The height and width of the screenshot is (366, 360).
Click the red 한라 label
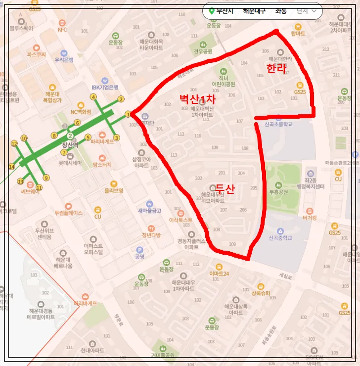(x=276, y=68)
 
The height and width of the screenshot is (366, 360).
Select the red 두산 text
(x=225, y=188)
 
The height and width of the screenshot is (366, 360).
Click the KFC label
(x=62, y=29)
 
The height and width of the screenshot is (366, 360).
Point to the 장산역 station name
(x=70, y=145)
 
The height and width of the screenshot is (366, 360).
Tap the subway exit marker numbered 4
(x=93, y=97)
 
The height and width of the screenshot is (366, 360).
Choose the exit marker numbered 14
(x=11, y=167)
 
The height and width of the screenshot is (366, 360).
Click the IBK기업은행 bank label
(x=105, y=88)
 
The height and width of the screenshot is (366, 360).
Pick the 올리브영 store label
(x=113, y=190)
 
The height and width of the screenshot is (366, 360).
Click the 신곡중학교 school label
(x=280, y=237)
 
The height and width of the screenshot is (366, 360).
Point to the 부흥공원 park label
(x=278, y=191)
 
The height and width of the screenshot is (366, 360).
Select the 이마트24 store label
(x=219, y=274)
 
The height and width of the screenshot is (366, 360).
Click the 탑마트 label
(x=298, y=34)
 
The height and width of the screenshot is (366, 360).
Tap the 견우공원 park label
(x=203, y=51)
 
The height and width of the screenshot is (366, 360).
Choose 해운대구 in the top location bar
(x=254, y=11)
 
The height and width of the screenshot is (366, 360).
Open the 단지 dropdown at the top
(x=306, y=11)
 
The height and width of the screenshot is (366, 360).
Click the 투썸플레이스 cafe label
(x=68, y=213)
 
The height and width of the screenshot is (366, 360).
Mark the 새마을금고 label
(x=149, y=210)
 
